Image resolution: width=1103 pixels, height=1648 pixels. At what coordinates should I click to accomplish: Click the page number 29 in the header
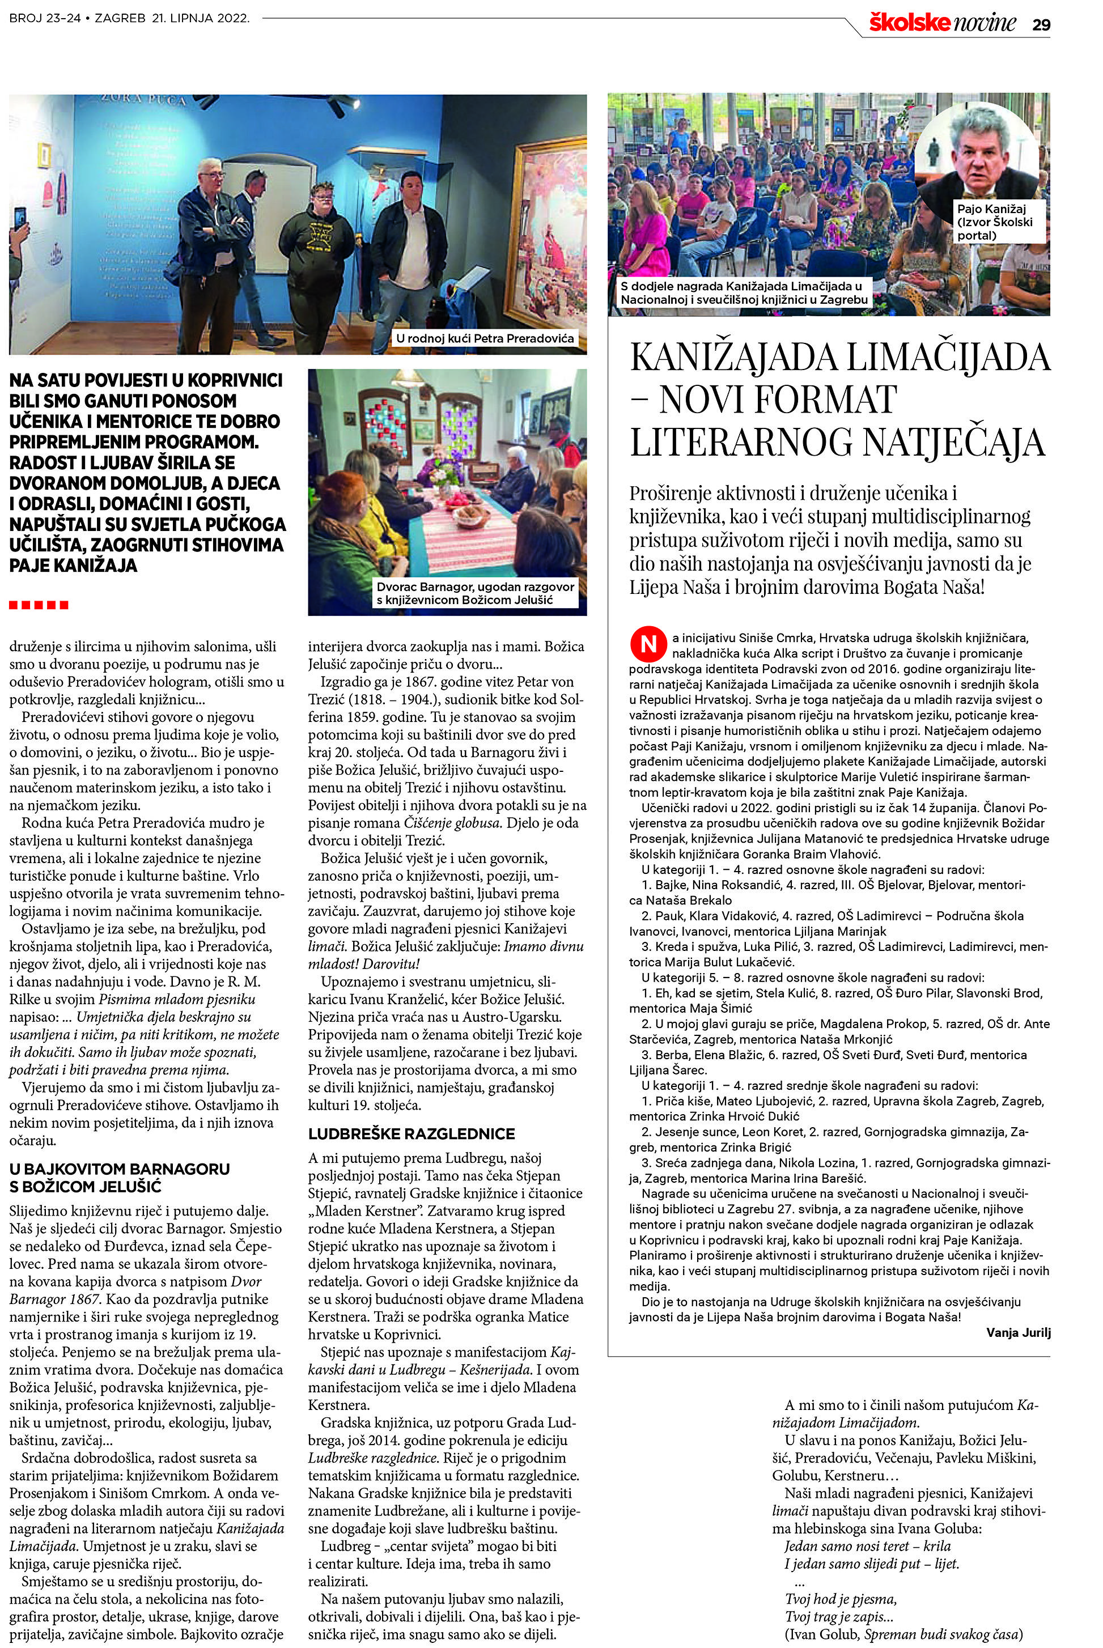[x=1041, y=24]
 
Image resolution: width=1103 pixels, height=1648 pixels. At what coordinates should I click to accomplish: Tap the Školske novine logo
[x=942, y=23]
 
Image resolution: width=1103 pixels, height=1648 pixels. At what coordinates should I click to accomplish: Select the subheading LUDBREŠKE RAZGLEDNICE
[x=411, y=1134]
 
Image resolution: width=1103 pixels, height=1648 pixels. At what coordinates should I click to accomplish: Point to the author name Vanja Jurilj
[x=1018, y=1332]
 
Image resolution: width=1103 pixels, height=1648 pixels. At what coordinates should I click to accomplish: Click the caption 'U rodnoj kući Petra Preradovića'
[x=485, y=338]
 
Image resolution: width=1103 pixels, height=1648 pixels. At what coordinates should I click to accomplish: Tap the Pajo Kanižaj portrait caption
[x=995, y=222]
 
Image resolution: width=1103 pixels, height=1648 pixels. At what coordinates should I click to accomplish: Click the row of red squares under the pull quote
[x=39, y=605]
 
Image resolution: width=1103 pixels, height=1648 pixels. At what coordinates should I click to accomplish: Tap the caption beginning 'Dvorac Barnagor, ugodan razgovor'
[x=475, y=593]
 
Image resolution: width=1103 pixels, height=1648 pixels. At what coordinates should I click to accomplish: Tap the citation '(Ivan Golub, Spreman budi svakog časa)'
[x=903, y=1634]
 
